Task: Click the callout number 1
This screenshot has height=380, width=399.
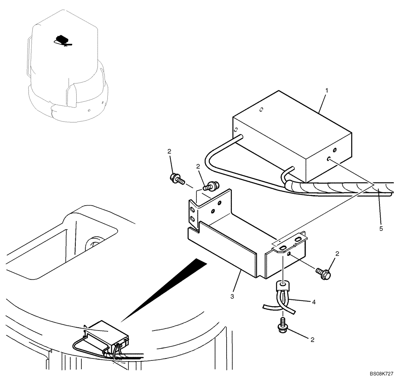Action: pyautogui.click(x=326, y=91)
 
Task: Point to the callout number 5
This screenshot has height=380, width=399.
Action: pyautogui.click(x=381, y=229)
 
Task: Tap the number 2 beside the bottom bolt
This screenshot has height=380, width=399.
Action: pyautogui.click(x=312, y=340)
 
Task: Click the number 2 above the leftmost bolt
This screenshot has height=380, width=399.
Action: pyautogui.click(x=170, y=152)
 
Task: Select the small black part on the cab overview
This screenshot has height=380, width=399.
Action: pyautogui.click(x=62, y=39)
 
